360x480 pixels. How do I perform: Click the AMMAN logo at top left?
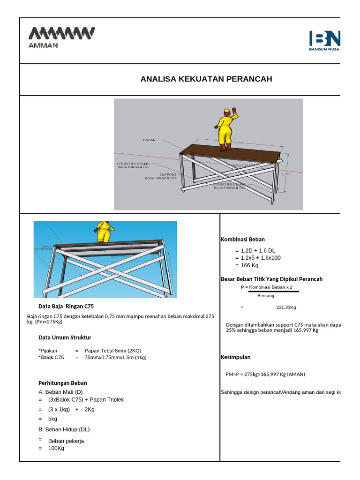click(x=62, y=37)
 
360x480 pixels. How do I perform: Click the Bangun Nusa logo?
click(x=325, y=40)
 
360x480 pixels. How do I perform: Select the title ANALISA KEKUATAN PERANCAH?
click(x=206, y=79)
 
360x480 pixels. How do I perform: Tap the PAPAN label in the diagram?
click(x=149, y=139)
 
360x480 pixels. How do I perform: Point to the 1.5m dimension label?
click(x=240, y=142)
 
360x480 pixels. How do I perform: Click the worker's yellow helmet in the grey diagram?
click(x=227, y=111)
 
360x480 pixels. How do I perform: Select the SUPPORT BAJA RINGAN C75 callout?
click(x=161, y=176)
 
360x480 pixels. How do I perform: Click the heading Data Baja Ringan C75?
click(x=66, y=307)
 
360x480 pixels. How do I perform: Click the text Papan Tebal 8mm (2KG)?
click(x=113, y=351)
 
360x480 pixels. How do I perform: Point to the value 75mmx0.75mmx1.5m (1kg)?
click(x=116, y=357)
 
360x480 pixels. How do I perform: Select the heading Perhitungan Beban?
click(x=62, y=383)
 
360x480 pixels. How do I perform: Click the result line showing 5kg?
click(x=52, y=419)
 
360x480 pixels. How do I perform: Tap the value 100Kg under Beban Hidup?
click(x=56, y=448)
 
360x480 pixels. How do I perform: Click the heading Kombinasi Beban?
click(x=242, y=240)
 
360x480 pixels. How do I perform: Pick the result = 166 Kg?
click(x=250, y=265)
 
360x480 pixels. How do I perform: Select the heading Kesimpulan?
click(x=235, y=357)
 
